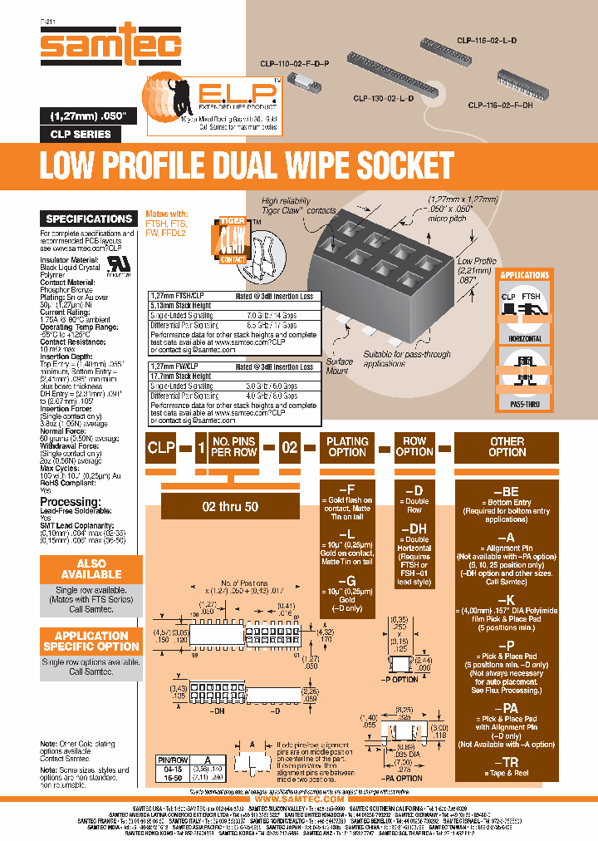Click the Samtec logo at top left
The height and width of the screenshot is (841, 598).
pos(111,45)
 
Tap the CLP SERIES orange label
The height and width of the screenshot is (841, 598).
pos(81,135)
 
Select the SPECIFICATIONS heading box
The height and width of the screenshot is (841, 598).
pos(89,219)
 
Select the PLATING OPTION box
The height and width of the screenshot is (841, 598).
pos(347,447)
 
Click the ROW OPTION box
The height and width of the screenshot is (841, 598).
pos(414,447)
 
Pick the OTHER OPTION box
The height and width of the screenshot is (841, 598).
pos(507,447)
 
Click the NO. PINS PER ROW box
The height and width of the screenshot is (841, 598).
pos(233,447)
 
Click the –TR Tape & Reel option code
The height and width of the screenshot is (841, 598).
pos(507,763)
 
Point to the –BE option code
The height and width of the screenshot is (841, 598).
pos(507,491)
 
